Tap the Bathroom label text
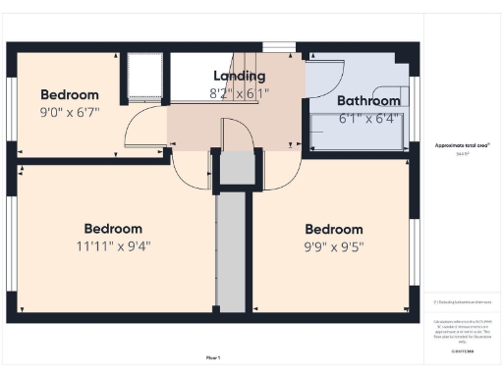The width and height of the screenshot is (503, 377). click(x=368, y=100)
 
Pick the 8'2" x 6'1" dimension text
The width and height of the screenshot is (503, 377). click(x=239, y=93)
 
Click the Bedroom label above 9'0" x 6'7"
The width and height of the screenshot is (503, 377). click(x=67, y=94)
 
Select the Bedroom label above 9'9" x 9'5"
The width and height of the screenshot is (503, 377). click(x=333, y=230)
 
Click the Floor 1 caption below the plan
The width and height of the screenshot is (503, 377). click(x=212, y=356)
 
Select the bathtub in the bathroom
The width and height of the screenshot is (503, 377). click(x=360, y=131)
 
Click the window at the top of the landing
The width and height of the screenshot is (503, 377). click(x=279, y=45)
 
